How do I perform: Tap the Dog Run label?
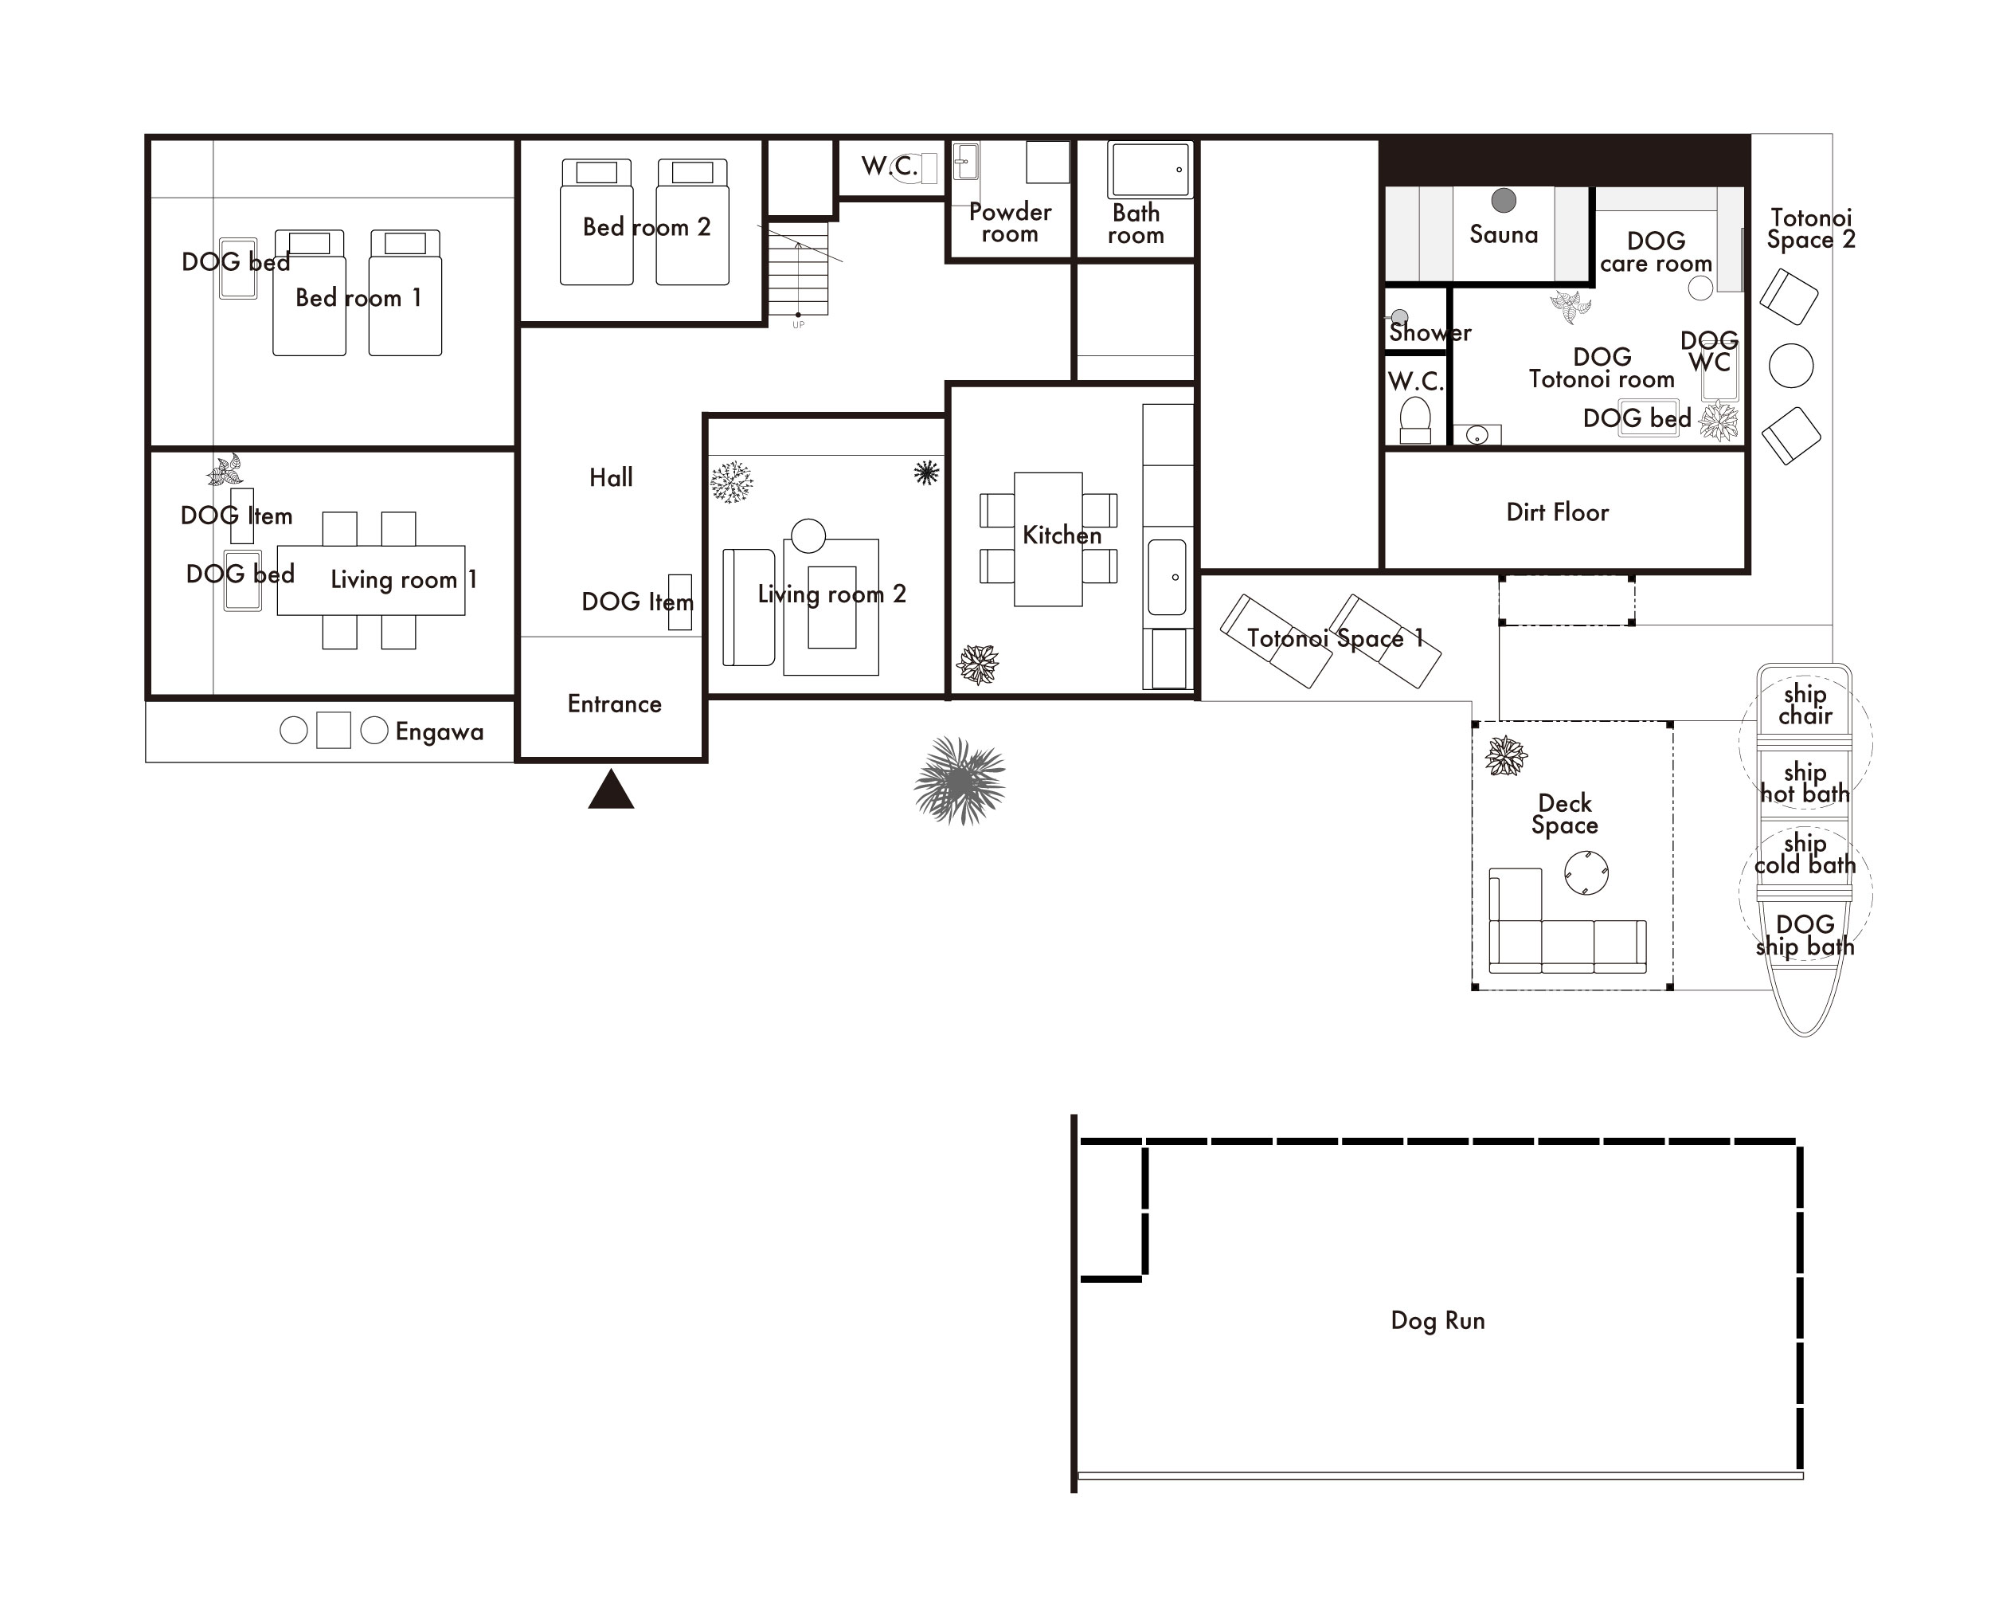pos(1438,1320)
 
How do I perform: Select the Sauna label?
pos(1504,234)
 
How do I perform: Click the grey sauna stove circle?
pos(1504,199)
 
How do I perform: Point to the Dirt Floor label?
pos(1558,512)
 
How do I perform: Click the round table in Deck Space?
pos(1586,873)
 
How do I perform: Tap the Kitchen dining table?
pos(1048,539)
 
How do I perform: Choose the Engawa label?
pos(439,732)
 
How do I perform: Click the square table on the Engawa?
pos(334,731)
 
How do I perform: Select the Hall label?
pos(611,477)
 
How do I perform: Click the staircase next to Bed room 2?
pos(798,269)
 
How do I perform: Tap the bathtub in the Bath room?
pos(1149,170)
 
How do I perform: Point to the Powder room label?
pos(1010,223)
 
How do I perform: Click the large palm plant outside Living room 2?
pos(959,781)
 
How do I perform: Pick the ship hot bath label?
pos(1805,782)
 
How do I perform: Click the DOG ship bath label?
pos(1805,935)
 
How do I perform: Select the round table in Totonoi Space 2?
pos(1790,366)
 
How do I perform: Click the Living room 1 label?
pos(404,579)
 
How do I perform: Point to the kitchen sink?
pos(1167,576)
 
